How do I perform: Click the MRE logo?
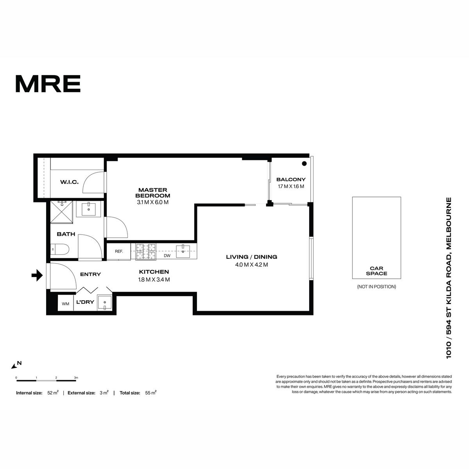pos(48,84)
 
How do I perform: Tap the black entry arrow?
pos(37,275)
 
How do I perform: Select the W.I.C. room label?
pos(69,182)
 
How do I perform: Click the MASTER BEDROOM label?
pos(152,193)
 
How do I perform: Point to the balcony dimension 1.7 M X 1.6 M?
pos(291,186)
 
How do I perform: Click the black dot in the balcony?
pos(304,163)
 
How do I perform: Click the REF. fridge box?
pos(119,251)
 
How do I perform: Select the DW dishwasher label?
pos(167,256)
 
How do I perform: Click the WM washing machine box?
pos(66,304)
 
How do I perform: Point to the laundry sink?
pos(105,303)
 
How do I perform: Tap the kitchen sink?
pos(183,251)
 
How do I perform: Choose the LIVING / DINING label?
pos(251,257)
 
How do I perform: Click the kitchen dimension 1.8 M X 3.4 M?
pos(154,280)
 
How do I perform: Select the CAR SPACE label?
pos(376,271)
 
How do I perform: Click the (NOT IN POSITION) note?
pos(376,287)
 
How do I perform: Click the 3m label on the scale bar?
pos(76,378)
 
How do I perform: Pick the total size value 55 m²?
pos(150,393)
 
